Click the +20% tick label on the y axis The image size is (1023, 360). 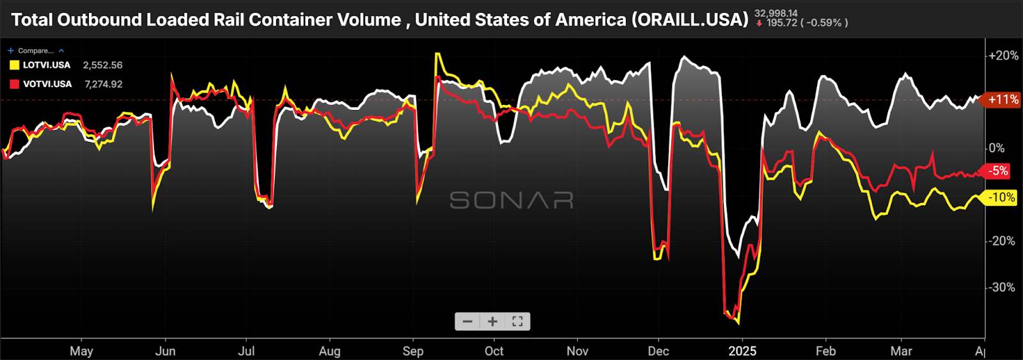1003,56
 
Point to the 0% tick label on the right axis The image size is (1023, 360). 997,148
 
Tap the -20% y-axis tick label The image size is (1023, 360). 1002,241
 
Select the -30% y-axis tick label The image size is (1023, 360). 1002,287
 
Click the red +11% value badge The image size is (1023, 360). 1003,100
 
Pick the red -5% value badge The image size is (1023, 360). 997,171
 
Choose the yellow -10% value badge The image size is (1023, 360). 1001,198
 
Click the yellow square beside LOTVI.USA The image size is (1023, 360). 14,65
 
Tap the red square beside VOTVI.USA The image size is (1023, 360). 14,84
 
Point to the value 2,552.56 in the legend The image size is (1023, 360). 102,65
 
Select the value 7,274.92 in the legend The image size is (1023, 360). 103,84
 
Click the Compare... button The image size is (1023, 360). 35,51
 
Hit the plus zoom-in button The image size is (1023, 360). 492,322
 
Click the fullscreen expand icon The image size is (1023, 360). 517,322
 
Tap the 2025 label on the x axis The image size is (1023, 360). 742,351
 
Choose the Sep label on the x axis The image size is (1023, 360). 413,351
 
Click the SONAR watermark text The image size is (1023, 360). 511,201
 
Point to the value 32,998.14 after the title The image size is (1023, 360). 776,13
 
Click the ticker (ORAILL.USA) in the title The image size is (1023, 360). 690,20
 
